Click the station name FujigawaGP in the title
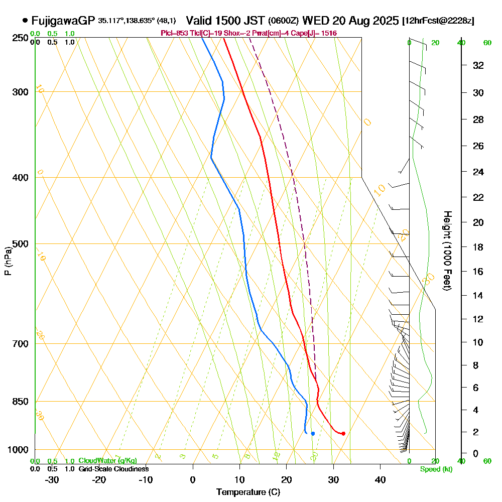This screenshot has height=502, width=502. [63, 21]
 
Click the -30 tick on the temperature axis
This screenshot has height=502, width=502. [52, 479]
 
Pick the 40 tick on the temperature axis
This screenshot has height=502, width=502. [380, 479]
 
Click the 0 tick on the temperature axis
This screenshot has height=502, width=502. [193, 479]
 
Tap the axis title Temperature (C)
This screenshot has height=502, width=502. [248, 492]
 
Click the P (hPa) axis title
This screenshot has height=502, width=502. [8, 261]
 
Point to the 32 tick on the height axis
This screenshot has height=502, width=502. [478, 65]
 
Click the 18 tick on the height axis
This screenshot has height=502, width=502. [478, 247]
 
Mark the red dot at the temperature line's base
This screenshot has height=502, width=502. [343, 433]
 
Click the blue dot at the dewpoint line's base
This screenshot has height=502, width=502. [313, 433]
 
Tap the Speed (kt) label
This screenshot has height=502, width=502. [435, 469]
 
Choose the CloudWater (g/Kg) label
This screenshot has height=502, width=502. [107, 460]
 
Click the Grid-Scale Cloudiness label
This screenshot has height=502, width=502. [113, 469]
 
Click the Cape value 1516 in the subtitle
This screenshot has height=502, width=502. [329, 33]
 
